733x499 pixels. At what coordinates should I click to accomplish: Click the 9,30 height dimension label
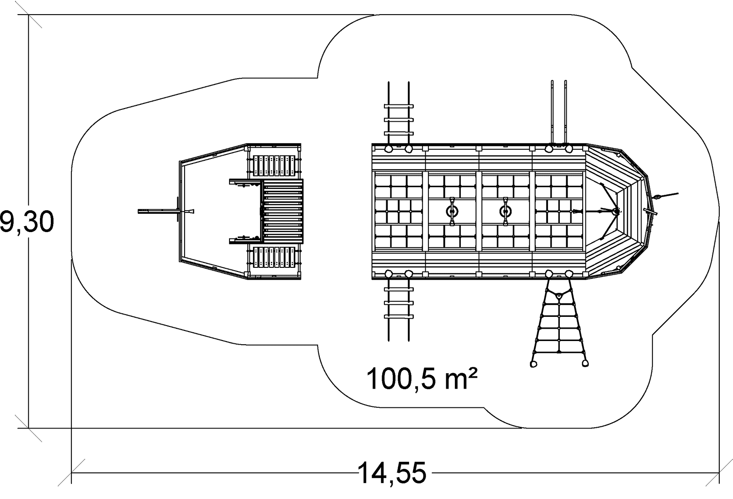27,223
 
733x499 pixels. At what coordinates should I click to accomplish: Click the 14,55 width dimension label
392,473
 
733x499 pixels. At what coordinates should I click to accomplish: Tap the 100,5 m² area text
422,378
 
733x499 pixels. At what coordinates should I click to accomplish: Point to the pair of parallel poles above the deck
559,112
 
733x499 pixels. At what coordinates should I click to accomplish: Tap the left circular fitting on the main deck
452,211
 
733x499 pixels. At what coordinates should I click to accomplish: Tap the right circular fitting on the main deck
505,211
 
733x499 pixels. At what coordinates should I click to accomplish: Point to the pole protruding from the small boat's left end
158,211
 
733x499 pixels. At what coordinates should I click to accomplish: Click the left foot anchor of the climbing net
533,364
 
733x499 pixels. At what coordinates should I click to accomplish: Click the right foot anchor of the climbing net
585,363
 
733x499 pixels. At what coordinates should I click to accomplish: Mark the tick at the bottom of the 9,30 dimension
29,429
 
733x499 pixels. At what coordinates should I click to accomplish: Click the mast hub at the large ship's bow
615,211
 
